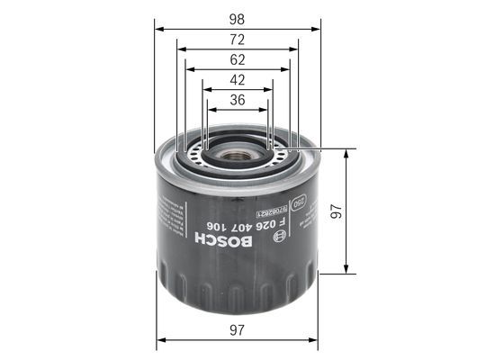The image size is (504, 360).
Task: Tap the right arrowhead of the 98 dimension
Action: [315, 29]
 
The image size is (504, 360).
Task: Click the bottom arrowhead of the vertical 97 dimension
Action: [346, 269]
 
